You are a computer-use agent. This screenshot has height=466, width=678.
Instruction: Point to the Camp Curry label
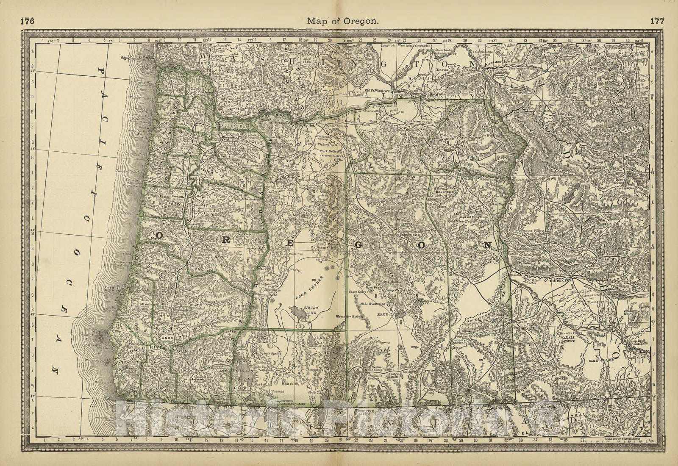click(x=357, y=292)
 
